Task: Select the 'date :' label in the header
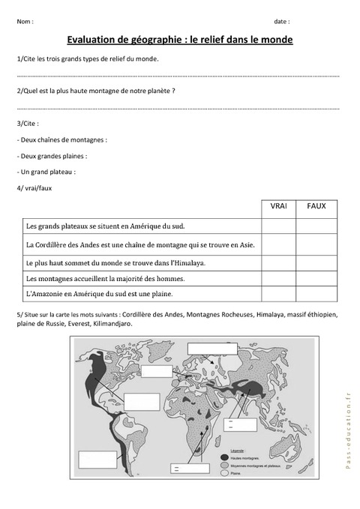(281, 21)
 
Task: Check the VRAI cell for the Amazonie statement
(277, 294)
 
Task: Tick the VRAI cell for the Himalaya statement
(277, 263)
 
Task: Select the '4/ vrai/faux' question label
(33, 187)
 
